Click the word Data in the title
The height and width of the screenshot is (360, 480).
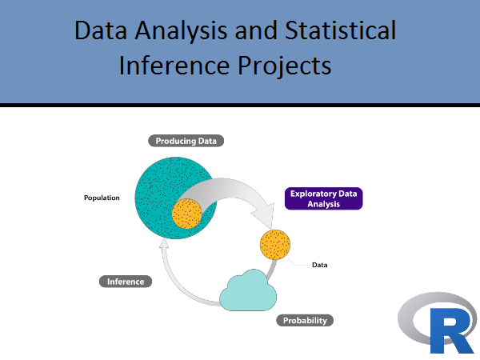pyautogui.click(x=101, y=30)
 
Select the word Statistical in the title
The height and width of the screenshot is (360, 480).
pyautogui.click(x=341, y=30)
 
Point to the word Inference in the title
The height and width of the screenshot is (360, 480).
pyautogui.click(x=174, y=65)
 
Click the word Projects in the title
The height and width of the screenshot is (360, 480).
pyautogui.click(x=285, y=66)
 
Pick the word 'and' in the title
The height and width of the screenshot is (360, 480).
pyautogui.click(x=256, y=30)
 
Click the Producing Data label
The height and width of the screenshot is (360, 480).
pyautogui.click(x=186, y=141)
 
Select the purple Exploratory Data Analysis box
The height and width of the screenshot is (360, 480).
pyautogui.click(x=323, y=198)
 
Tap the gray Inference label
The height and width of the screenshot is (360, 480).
pyautogui.click(x=126, y=282)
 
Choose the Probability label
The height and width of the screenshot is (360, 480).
pyautogui.click(x=305, y=320)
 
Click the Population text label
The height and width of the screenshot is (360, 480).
pyautogui.click(x=102, y=198)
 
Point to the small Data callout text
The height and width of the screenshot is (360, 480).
pyautogui.click(x=319, y=265)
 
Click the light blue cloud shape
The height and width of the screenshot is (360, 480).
pyautogui.click(x=248, y=291)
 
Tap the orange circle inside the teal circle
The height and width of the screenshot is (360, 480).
pyautogui.click(x=187, y=214)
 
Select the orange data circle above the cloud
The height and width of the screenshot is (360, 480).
pyautogui.click(x=275, y=245)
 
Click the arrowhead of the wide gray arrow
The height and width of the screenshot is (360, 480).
pyautogui.click(x=265, y=215)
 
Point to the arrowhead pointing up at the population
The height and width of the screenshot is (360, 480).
pyautogui.click(x=164, y=243)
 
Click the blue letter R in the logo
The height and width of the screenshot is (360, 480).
pyautogui.click(x=452, y=330)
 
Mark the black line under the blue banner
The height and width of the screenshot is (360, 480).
pyautogui.click(x=240, y=105)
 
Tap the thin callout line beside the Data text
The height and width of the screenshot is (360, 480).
pyautogui.click(x=298, y=262)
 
